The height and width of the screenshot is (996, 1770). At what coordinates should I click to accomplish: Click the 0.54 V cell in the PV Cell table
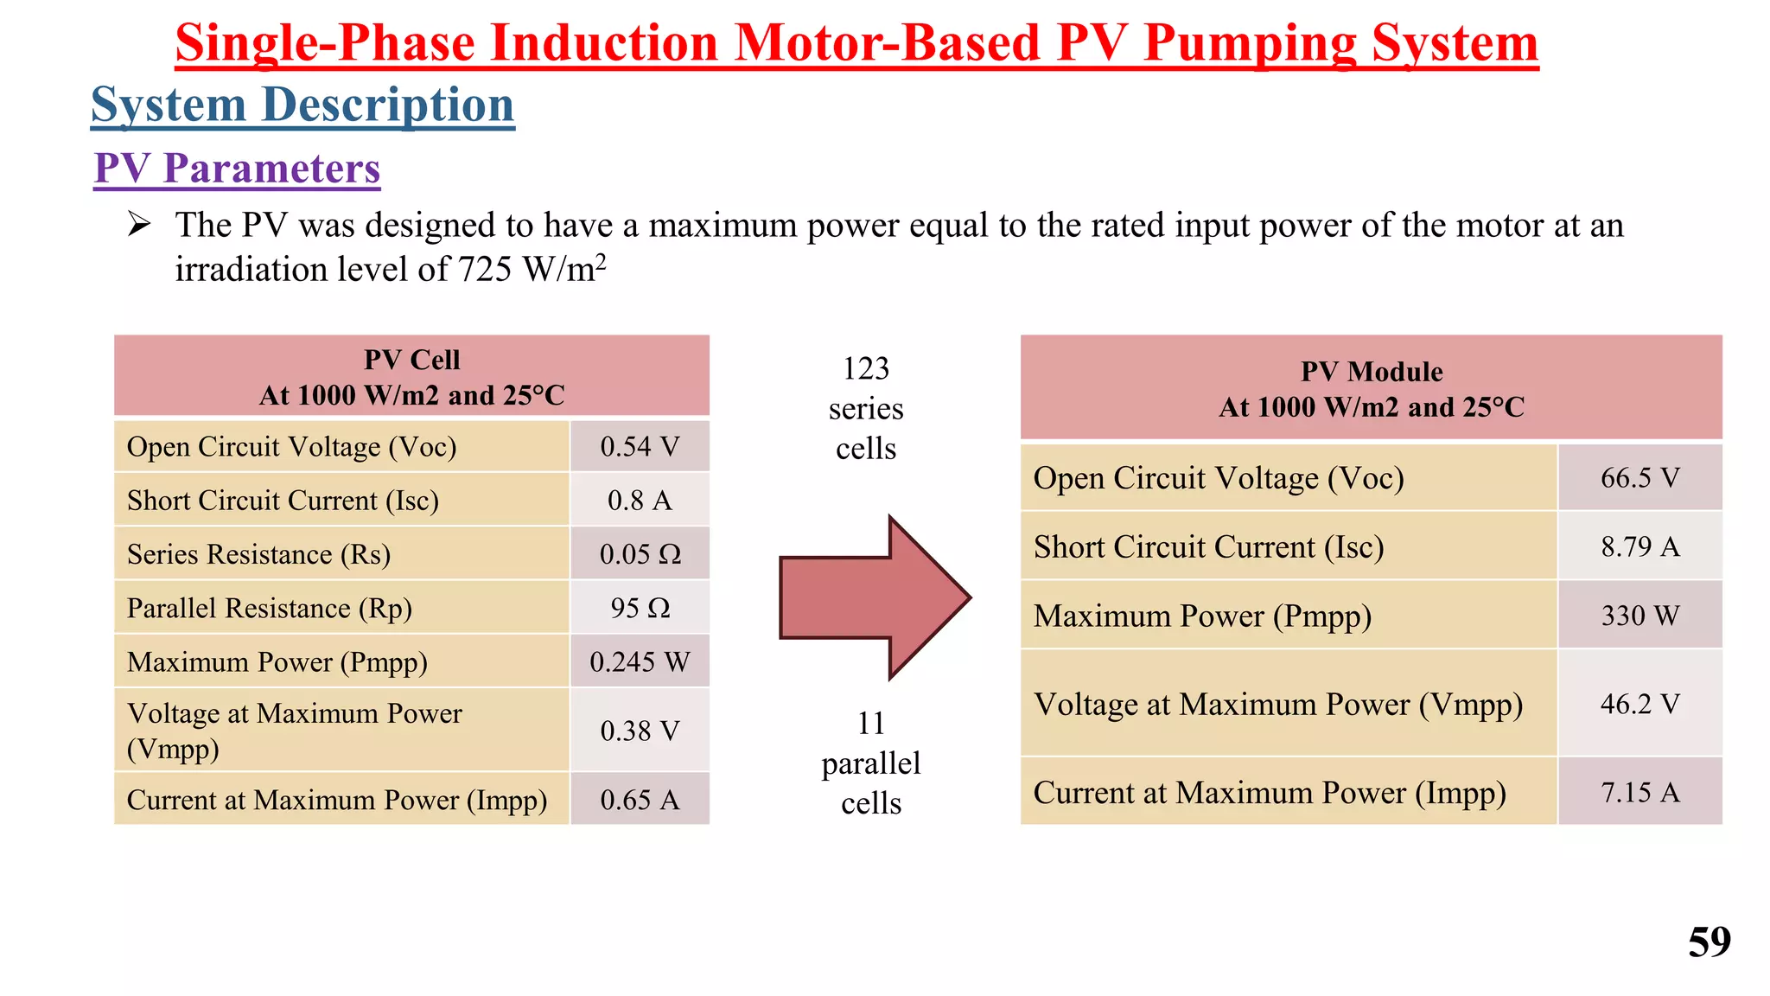click(x=640, y=447)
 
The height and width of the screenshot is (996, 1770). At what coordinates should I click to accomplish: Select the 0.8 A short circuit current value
click(x=640, y=501)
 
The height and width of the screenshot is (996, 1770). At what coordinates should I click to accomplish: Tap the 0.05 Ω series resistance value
click(x=640, y=554)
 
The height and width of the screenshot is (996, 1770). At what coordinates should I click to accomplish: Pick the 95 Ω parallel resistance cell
click(x=640, y=608)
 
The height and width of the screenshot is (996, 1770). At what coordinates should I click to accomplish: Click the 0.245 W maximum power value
click(x=640, y=662)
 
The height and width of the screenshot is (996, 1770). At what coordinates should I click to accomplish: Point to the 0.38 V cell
click(x=640, y=731)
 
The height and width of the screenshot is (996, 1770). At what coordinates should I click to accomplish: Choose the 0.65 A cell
click(x=640, y=800)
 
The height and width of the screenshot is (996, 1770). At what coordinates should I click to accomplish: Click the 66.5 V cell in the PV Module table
click(x=1639, y=477)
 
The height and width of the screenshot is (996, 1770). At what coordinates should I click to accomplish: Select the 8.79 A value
click(x=1639, y=546)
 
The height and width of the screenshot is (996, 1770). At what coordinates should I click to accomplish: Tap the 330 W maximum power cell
click(x=1639, y=616)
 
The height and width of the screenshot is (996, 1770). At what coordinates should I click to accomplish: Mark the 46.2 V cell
click(x=1639, y=704)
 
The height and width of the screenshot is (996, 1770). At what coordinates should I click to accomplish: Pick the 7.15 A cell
click(x=1639, y=792)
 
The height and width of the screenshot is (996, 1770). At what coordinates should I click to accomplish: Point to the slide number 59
click(x=1709, y=942)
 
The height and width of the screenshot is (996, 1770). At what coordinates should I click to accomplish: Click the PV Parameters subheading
click(x=237, y=169)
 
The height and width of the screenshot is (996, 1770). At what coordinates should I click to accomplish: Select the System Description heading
click(x=302, y=105)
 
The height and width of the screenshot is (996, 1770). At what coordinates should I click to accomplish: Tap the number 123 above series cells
click(x=866, y=369)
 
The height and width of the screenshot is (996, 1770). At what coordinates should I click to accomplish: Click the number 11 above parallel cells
click(x=871, y=723)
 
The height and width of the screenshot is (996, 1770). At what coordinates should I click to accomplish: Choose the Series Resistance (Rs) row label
click(x=258, y=554)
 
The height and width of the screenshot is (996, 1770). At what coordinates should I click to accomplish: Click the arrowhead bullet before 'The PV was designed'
click(x=139, y=225)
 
